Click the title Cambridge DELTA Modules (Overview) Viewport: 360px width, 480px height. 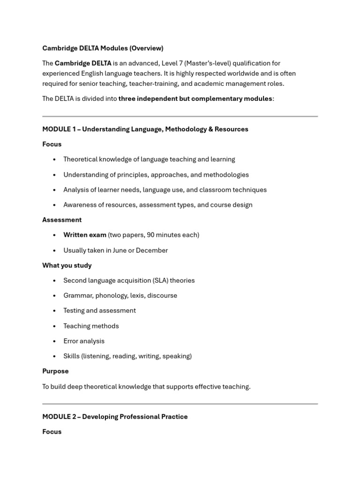tap(103, 48)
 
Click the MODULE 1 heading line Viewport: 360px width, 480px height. tap(145, 129)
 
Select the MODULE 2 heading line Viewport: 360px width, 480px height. tap(115, 416)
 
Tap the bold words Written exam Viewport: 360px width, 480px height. tap(85, 235)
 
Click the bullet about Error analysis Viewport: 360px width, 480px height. tap(84, 341)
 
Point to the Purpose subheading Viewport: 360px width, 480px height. tap(55, 371)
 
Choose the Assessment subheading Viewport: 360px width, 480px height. tap(62, 220)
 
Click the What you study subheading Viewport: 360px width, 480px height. tap(67, 265)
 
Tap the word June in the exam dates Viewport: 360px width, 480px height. tap(120, 250)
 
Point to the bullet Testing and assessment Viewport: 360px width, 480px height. tap(99, 310)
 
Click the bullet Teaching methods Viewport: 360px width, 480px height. tap(91, 326)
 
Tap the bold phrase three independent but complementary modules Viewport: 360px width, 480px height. tap(195, 98)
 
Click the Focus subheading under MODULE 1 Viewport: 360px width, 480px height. tap(52, 144)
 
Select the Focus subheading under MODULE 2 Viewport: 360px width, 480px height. tap(52, 431)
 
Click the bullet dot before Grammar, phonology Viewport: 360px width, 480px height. tap(54, 296)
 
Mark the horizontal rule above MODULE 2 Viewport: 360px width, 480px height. tap(180, 404)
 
